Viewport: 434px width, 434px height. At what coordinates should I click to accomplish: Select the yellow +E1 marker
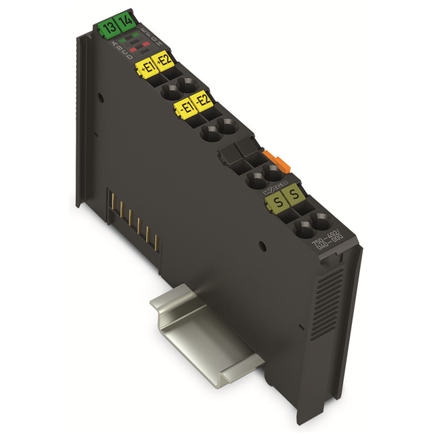(x=146, y=66)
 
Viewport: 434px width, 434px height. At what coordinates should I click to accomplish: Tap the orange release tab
(x=274, y=161)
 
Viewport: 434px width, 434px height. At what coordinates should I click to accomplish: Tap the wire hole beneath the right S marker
(x=318, y=221)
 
